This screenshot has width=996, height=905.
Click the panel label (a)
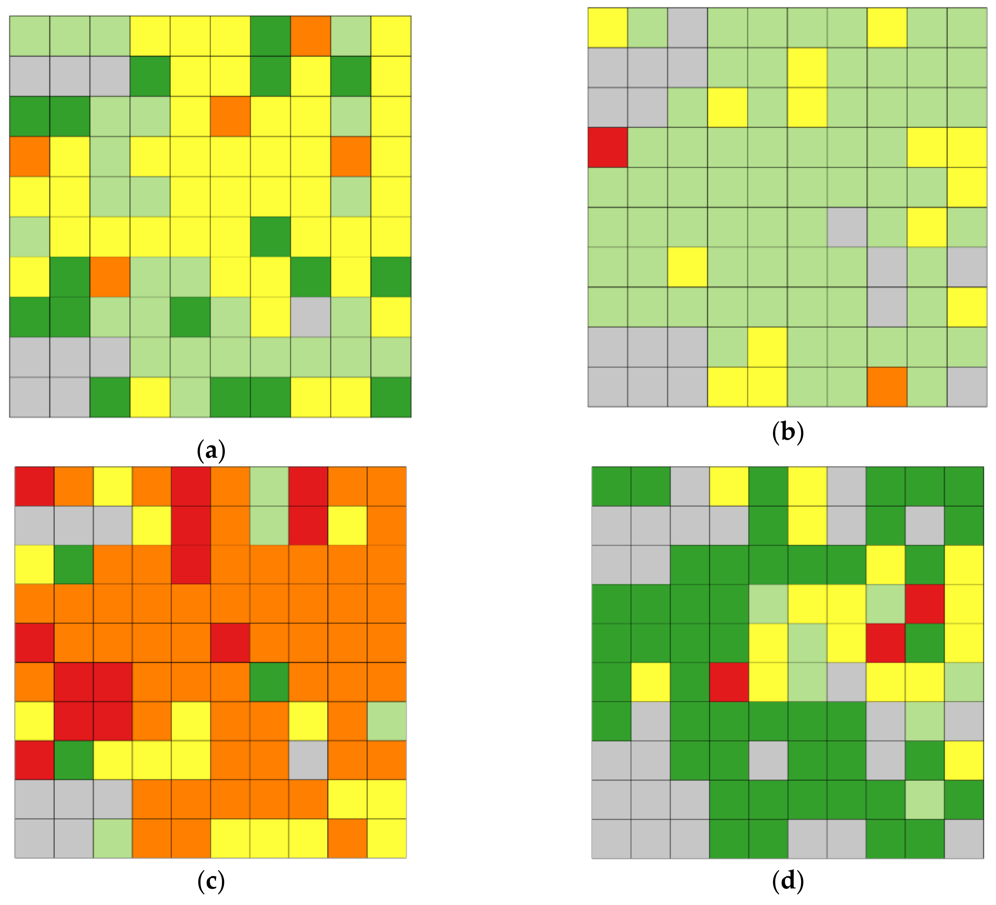click(211, 450)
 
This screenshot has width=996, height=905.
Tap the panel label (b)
click(787, 432)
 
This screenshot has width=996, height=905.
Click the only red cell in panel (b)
click(608, 147)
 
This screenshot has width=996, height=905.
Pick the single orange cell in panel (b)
click(887, 387)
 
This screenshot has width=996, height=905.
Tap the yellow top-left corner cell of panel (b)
click(608, 28)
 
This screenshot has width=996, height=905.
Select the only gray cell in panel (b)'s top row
click(687, 28)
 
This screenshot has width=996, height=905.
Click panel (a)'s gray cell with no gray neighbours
click(311, 317)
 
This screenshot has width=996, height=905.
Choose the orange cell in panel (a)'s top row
click(311, 36)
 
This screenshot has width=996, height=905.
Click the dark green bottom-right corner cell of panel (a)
click(391, 397)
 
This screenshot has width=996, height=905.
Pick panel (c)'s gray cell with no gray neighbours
click(308, 760)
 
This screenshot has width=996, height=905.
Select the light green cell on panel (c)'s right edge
click(387, 721)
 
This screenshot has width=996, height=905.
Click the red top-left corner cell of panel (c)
click(34, 486)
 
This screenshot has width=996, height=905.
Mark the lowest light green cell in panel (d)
click(924, 799)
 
